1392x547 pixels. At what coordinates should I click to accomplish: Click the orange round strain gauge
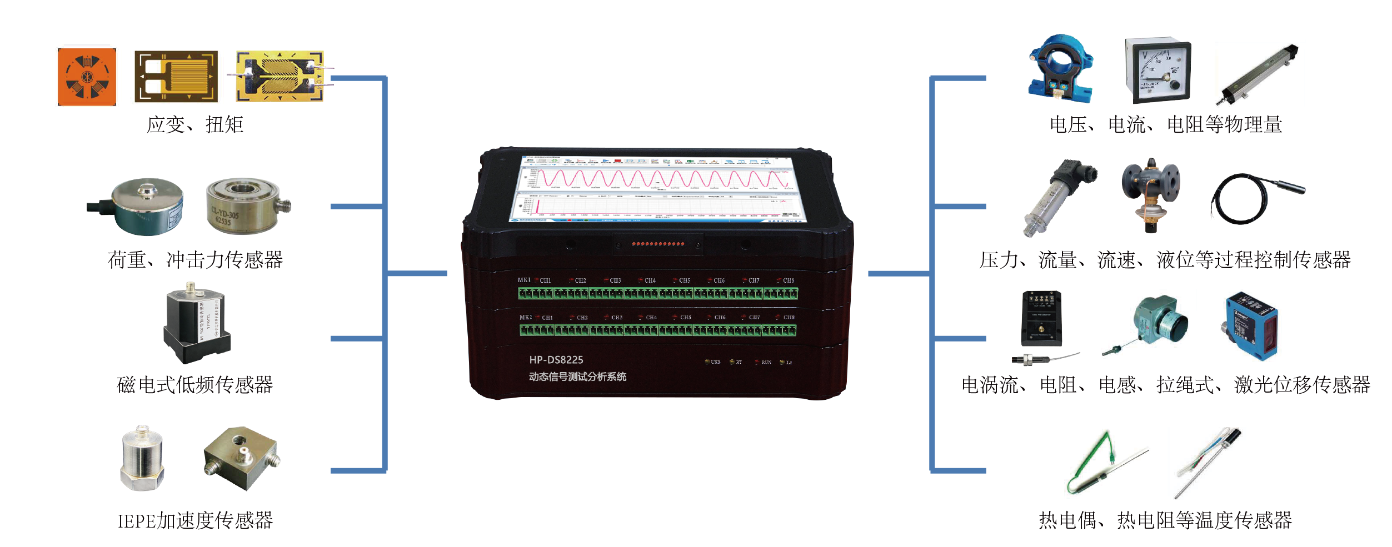(87, 77)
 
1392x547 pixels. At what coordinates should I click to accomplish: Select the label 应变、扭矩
(195, 124)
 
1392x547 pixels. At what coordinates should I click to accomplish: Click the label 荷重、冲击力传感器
(195, 260)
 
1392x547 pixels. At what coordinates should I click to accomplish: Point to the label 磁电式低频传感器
(195, 385)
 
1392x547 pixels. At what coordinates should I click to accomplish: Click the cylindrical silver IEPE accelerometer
(142, 459)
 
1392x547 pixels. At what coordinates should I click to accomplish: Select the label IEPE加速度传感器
(195, 520)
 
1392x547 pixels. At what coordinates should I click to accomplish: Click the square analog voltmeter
(1158, 71)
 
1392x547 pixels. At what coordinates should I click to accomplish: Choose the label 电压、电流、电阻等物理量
(1165, 124)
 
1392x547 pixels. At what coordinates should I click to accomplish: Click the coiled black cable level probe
(1250, 198)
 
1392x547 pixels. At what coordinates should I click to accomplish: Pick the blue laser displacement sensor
(1251, 326)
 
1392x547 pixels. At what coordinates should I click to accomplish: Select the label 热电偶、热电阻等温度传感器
(1165, 520)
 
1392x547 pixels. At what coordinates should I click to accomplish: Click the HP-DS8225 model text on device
(556, 360)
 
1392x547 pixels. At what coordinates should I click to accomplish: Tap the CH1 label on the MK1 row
(545, 280)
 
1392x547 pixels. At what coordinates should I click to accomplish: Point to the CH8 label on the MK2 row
(789, 318)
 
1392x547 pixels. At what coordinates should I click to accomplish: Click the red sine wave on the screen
(656, 179)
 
